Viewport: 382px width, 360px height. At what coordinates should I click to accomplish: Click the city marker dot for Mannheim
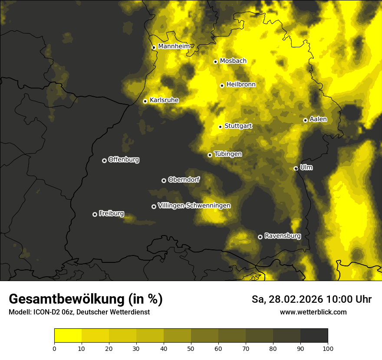pos(154,48)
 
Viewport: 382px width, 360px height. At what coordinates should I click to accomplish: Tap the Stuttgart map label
pos(238,126)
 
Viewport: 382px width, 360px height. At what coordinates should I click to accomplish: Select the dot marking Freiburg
pos(95,214)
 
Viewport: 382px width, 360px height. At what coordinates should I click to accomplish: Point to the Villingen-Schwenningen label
pos(194,206)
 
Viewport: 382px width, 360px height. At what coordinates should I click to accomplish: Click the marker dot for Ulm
pos(296,168)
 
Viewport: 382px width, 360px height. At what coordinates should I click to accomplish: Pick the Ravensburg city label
pos(283,236)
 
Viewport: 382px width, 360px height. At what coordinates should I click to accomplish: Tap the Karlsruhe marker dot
pos(145,101)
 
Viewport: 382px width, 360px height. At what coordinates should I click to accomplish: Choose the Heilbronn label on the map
pos(241,85)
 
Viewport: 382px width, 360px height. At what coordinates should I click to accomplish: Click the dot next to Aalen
pos(305,120)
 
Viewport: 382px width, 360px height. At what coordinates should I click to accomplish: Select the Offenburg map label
pos(124,160)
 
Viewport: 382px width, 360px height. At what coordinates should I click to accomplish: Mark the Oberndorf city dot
pos(164,180)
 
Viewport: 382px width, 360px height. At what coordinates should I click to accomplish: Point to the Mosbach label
pos(233,61)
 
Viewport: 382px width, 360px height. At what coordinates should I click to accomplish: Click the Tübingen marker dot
pos(210,155)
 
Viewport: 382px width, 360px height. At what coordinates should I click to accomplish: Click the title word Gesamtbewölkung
pos(67,299)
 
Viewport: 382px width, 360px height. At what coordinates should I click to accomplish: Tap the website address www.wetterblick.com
pos(313,312)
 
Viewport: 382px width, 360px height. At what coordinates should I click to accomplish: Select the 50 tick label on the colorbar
pos(191,348)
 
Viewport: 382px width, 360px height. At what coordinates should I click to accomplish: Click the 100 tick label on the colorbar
pos(328,348)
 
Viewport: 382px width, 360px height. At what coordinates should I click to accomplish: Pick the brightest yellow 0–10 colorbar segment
pos(68,336)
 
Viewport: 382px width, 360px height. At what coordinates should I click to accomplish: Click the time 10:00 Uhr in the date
pos(349,300)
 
